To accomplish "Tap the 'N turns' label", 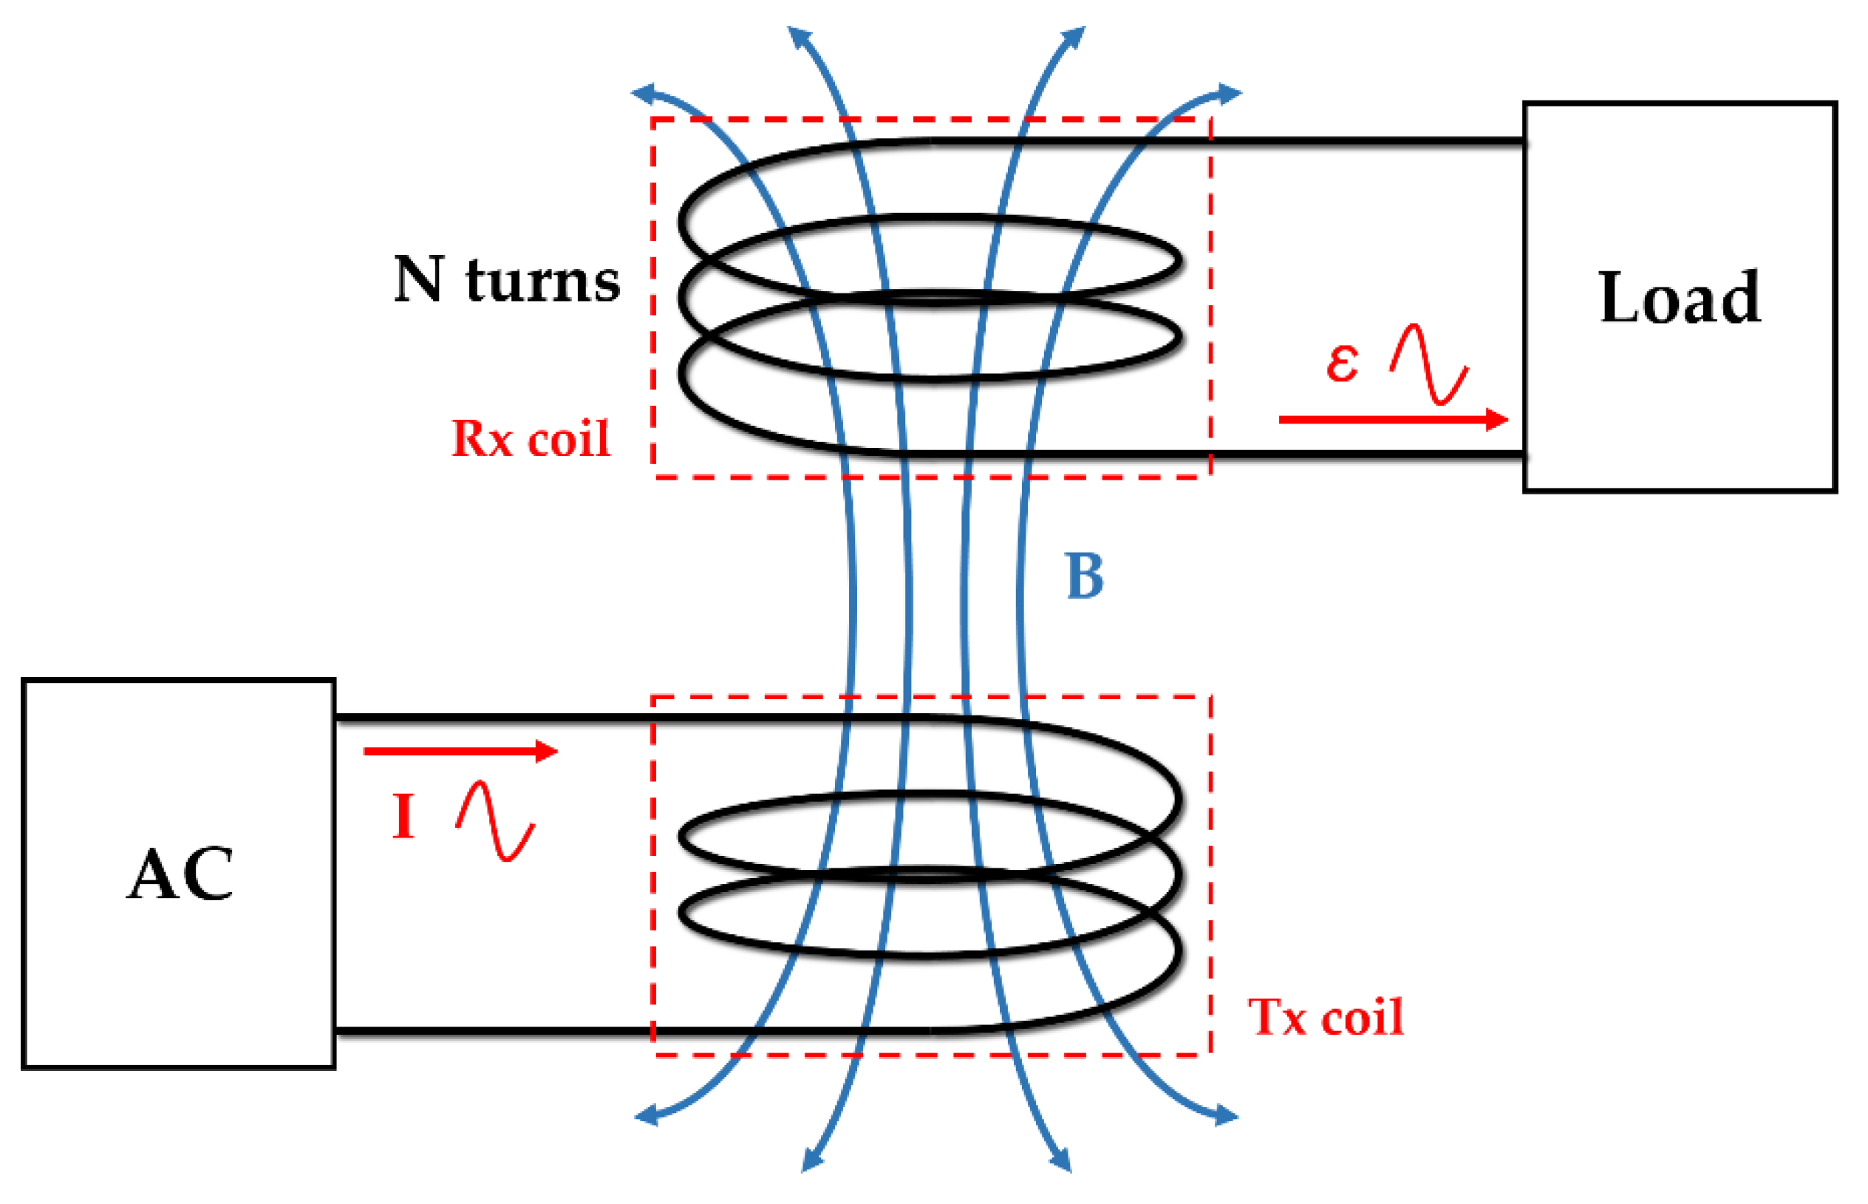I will [506, 279].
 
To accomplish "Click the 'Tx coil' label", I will [1326, 1017].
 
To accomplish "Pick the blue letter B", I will [1084, 577].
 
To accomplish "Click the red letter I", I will [403, 816].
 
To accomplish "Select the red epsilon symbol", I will [1342, 362].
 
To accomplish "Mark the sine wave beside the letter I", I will [496, 821].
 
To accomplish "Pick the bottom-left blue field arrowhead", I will [646, 1115].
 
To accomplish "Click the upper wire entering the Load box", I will [1368, 141].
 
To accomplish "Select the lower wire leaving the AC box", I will [492, 1032].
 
